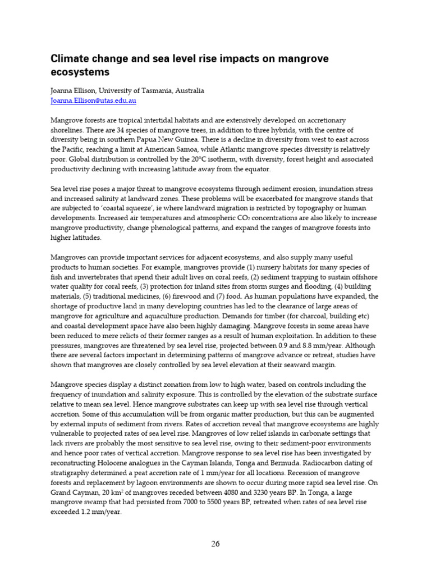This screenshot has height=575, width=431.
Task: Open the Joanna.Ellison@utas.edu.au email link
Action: pyautogui.click(x=93, y=101)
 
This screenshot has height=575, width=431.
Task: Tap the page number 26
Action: pyautogui.click(x=215, y=543)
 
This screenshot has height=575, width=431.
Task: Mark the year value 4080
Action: pyautogui.click(x=227, y=491)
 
